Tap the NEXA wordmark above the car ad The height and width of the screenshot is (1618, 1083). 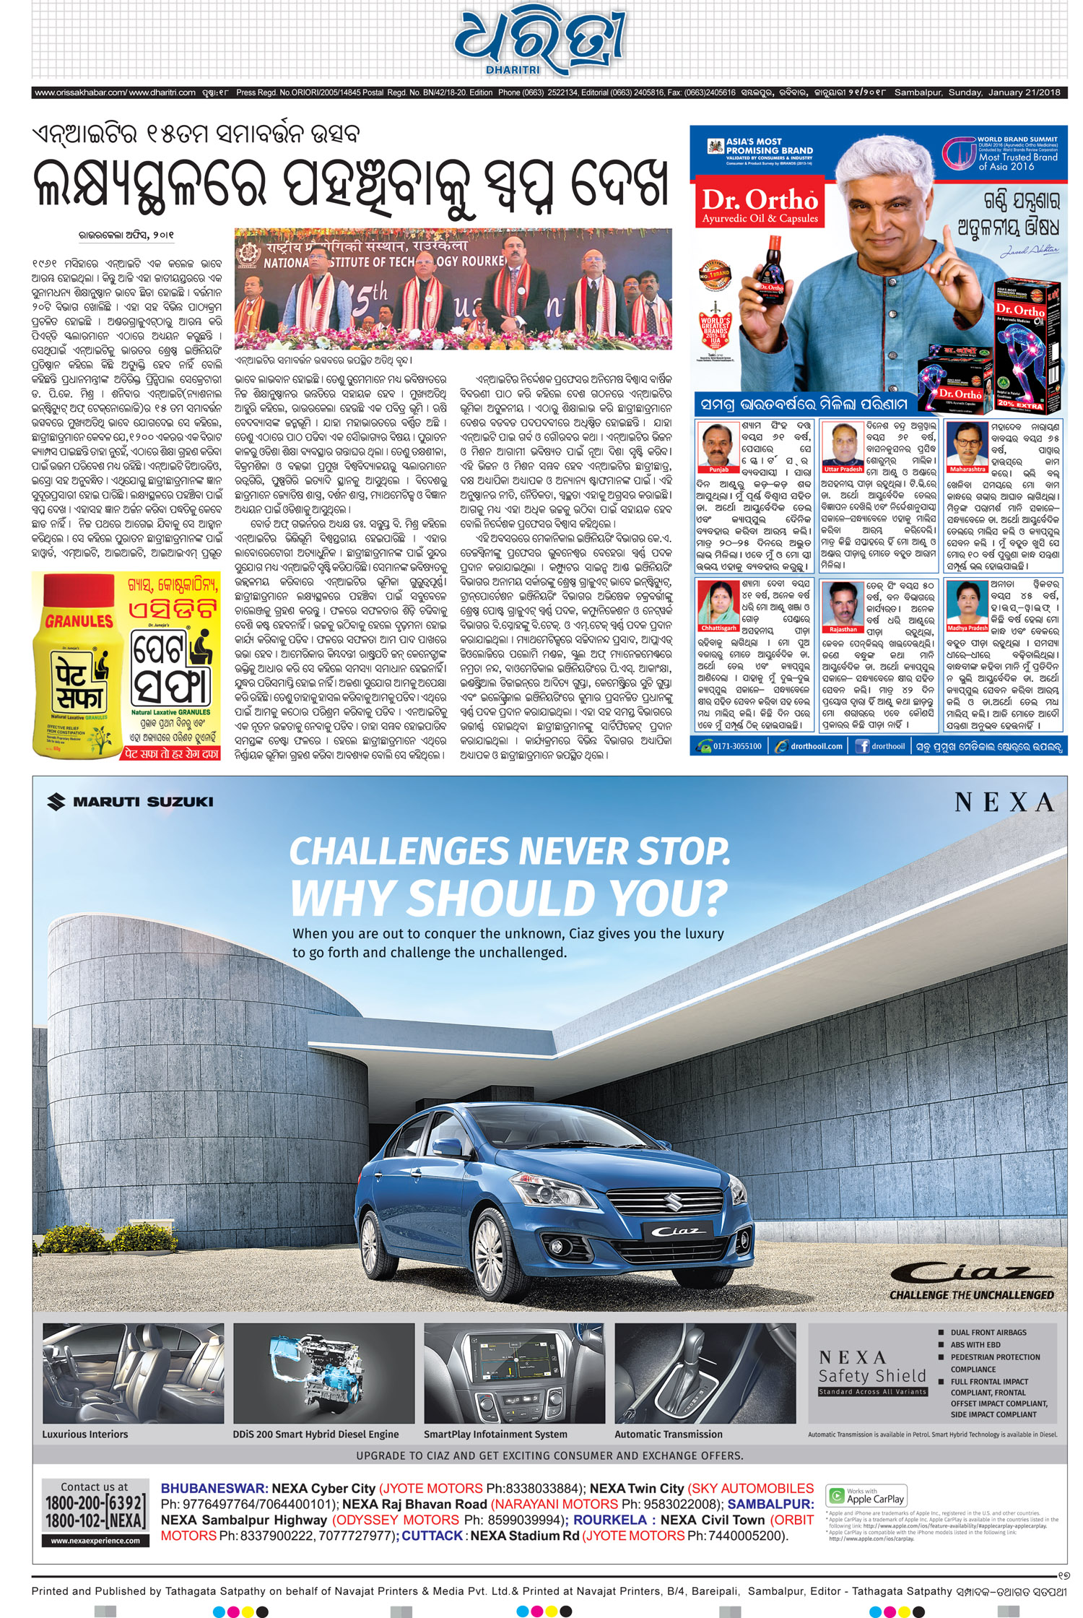click(1004, 802)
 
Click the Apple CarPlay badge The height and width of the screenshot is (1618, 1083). click(866, 1496)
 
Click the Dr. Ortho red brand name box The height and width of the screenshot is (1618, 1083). click(760, 205)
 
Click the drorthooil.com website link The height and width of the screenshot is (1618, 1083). click(816, 746)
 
